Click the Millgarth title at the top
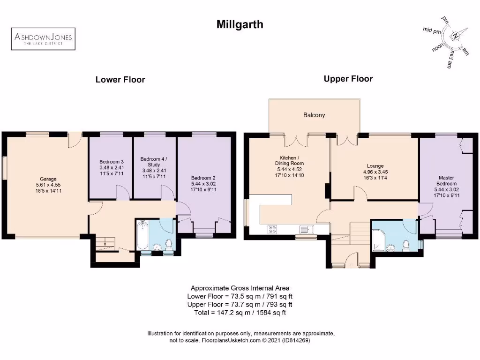tap(240, 24)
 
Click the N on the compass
tap(454, 36)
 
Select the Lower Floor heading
tap(120, 80)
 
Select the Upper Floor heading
tap(348, 79)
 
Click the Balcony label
tap(314, 115)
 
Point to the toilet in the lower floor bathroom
tap(169, 244)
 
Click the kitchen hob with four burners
tap(272, 229)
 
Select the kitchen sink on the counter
tap(305, 229)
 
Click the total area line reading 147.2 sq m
tap(240, 312)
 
